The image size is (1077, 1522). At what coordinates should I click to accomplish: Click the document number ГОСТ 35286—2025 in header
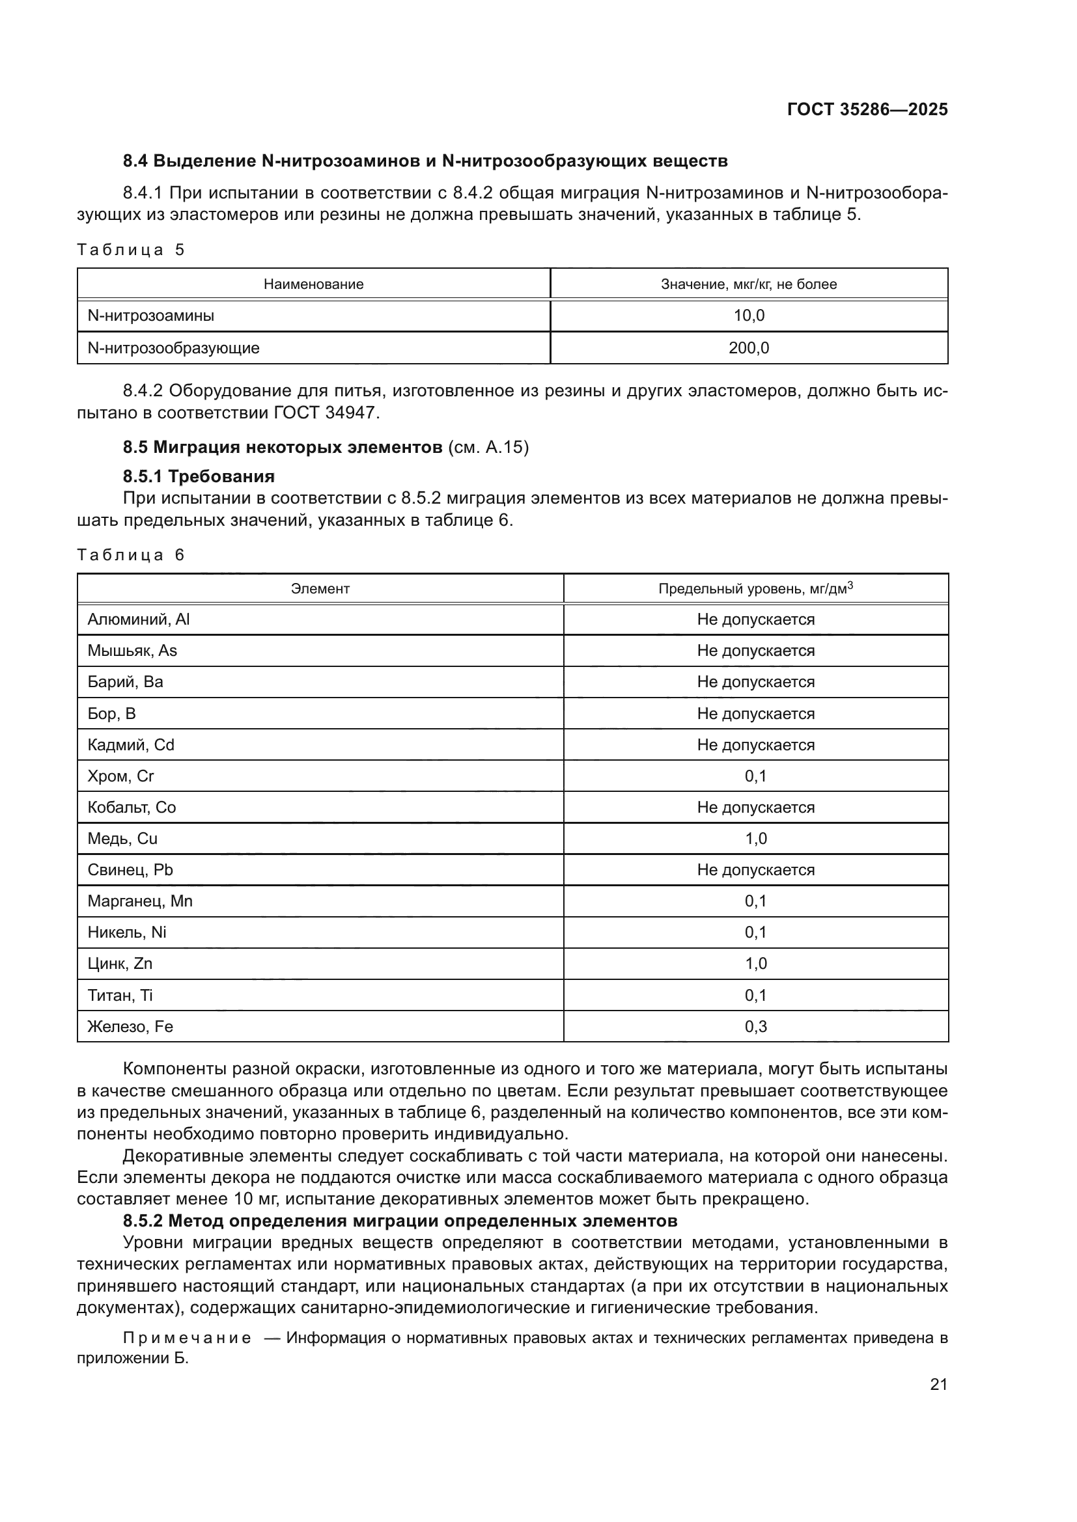pyautogui.click(x=867, y=110)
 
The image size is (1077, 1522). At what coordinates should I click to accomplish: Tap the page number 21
pyautogui.click(x=938, y=1384)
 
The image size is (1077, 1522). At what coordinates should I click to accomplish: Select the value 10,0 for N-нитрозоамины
pyautogui.click(x=749, y=316)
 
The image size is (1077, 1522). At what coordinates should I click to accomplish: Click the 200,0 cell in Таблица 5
pyautogui.click(x=749, y=348)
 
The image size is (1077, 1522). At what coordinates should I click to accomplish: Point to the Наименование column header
pyautogui.click(x=313, y=284)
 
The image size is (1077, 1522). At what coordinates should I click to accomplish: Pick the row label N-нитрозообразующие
pyautogui.click(x=173, y=348)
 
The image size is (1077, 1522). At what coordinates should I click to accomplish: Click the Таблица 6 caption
pyautogui.click(x=131, y=555)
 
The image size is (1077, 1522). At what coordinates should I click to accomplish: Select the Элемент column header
pyautogui.click(x=320, y=589)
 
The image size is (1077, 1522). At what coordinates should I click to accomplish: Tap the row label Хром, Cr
pyautogui.click(x=120, y=776)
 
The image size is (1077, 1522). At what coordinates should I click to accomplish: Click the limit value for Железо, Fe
pyautogui.click(x=755, y=1027)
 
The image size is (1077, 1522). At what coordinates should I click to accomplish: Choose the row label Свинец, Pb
pyautogui.click(x=130, y=870)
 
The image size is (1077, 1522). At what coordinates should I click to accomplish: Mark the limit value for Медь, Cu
pyautogui.click(x=755, y=839)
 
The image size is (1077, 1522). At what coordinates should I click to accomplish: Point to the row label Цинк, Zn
pyautogui.click(x=120, y=964)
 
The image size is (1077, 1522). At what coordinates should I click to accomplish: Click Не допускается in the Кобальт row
pyautogui.click(x=755, y=808)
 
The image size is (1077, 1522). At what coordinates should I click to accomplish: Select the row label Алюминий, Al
pyautogui.click(x=139, y=619)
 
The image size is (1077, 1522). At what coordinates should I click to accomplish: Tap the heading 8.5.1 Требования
pyautogui.click(x=199, y=476)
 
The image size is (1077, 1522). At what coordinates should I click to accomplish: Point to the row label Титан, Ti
pyautogui.click(x=120, y=995)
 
